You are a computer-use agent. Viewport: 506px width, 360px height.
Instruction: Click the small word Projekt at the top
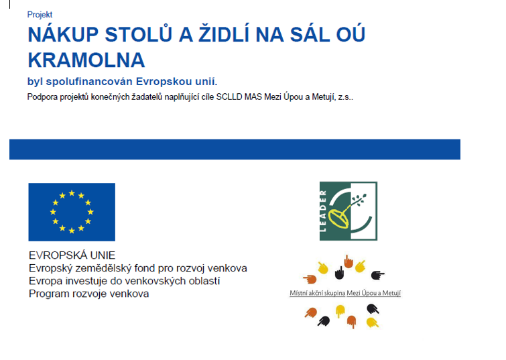(40, 15)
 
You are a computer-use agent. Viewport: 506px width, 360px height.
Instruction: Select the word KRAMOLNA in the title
(86, 60)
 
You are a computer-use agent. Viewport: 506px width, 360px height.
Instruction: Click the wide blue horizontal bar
(235, 149)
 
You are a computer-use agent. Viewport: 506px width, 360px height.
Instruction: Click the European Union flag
(72, 212)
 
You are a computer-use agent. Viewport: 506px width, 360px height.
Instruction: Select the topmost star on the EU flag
(72, 193)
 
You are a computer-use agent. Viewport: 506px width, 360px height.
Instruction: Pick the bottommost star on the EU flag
(72, 231)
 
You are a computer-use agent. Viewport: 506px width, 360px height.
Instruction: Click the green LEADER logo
(349, 211)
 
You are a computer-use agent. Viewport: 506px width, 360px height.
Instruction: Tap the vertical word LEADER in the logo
(323, 211)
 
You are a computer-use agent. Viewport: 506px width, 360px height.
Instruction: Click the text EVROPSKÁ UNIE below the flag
(72, 255)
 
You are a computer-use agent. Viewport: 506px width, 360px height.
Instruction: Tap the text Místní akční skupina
(318, 293)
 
